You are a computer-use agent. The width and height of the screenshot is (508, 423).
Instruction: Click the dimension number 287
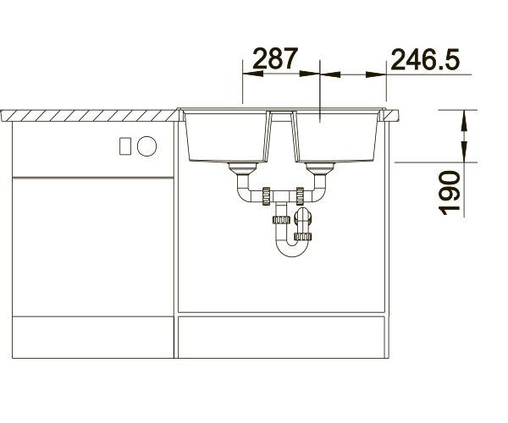tap(274, 58)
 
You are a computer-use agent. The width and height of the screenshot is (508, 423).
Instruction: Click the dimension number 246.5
tap(425, 59)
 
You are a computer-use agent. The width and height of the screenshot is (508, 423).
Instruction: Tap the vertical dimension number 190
tap(449, 193)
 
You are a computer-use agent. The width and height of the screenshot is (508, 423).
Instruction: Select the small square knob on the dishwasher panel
tap(125, 146)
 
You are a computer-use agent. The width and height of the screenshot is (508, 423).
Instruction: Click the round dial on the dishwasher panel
tap(146, 146)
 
